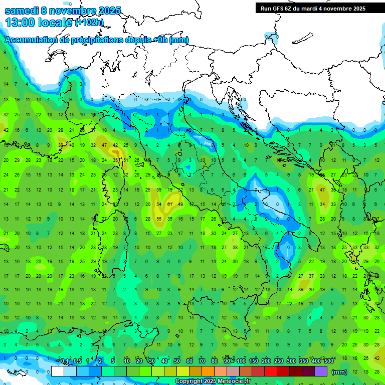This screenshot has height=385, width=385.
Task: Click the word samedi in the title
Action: click(x=21, y=11)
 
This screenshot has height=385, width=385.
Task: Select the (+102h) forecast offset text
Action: click(x=89, y=23)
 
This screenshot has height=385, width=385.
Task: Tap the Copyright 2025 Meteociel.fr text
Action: click(x=213, y=381)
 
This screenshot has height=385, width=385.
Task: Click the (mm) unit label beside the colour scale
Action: click(x=339, y=372)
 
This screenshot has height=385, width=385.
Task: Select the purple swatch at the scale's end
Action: click(x=321, y=371)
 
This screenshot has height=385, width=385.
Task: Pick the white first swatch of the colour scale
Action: click(x=58, y=371)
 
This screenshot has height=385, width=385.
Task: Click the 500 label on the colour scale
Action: click(x=329, y=361)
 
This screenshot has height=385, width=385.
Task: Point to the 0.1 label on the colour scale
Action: click(x=65, y=361)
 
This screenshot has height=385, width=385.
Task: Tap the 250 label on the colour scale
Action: click(x=279, y=361)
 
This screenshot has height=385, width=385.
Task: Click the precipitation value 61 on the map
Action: click(x=170, y=205)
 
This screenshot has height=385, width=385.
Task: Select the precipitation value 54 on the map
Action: click(x=159, y=205)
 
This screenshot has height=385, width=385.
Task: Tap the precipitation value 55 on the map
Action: click(x=159, y=219)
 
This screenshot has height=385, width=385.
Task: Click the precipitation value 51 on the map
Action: click(x=125, y=160)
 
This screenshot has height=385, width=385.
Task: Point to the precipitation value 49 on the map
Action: click(x=180, y=205)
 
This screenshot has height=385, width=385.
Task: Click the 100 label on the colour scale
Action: click(x=241, y=361)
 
